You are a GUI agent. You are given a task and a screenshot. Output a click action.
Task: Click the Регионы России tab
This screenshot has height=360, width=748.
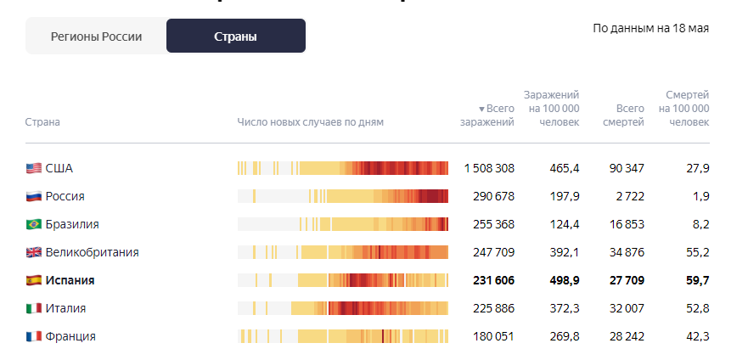click(96, 37)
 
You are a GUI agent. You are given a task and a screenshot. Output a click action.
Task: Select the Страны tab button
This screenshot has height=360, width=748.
click(236, 37)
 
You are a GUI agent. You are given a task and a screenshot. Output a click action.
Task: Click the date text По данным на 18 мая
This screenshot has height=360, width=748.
click(650, 28)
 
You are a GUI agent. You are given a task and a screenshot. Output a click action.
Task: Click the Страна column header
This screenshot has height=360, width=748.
click(42, 122)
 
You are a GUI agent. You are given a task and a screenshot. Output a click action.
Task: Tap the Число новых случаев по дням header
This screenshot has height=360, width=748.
click(310, 122)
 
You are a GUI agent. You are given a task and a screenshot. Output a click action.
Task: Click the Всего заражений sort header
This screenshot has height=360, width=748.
click(489, 115)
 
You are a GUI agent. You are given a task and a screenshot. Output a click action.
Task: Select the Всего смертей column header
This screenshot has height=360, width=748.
click(623, 115)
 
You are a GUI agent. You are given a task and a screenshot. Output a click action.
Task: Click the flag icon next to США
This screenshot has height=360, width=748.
click(33, 168)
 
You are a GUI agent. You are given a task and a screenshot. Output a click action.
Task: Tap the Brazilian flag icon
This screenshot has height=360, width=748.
click(33, 224)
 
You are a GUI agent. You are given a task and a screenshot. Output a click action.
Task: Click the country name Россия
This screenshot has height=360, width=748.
click(65, 196)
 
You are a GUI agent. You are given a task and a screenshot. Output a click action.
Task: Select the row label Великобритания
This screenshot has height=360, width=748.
click(92, 252)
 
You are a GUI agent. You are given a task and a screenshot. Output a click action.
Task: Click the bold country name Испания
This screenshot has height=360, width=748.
click(70, 280)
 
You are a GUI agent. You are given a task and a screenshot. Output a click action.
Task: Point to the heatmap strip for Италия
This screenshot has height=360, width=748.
click(342, 308)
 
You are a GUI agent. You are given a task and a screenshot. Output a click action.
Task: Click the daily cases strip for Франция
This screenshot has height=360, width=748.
click(342, 336)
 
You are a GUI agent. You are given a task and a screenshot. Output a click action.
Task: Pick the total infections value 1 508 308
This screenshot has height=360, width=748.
click(489, 168)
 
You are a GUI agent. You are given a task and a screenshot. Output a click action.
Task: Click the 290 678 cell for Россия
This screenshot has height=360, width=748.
click(493, 196)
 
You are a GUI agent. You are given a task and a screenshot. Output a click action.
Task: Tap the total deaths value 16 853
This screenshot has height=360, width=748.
click(627, 224)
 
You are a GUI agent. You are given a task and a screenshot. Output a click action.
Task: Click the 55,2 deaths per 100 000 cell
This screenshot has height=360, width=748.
click(697, 252)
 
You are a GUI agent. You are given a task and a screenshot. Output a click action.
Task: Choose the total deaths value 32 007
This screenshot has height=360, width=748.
click(627, 308)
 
